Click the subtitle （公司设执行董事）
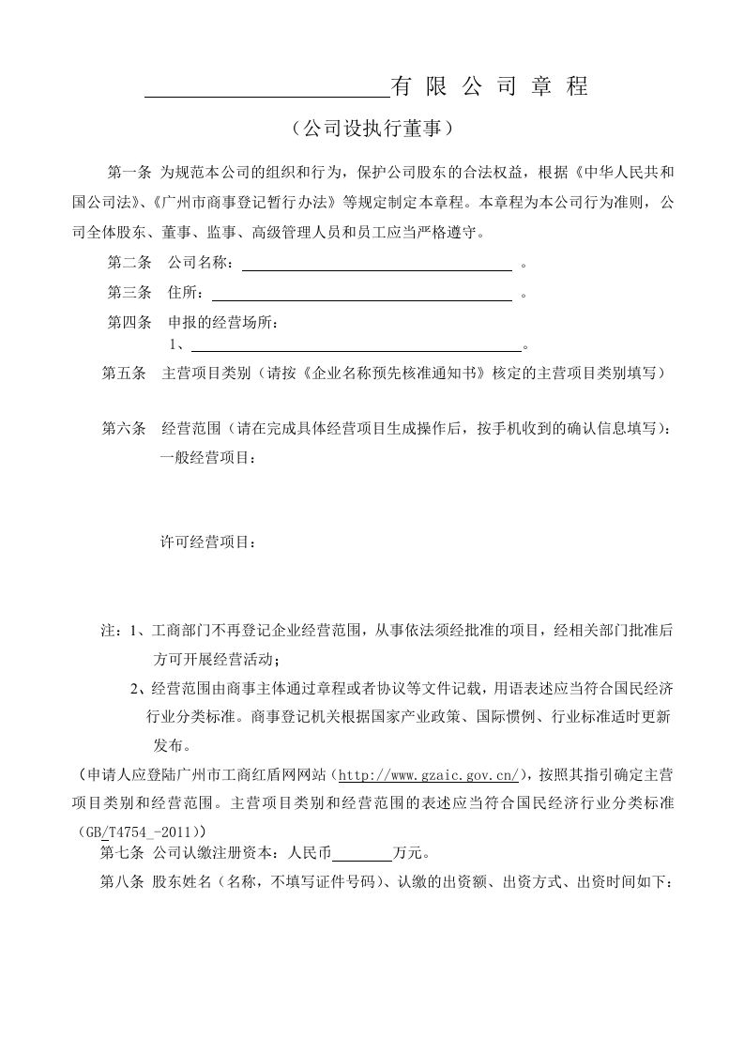point(372,128)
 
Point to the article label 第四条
point(129,323)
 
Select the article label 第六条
point(123,429)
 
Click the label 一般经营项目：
point(208,458)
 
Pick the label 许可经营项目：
point(208,542)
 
